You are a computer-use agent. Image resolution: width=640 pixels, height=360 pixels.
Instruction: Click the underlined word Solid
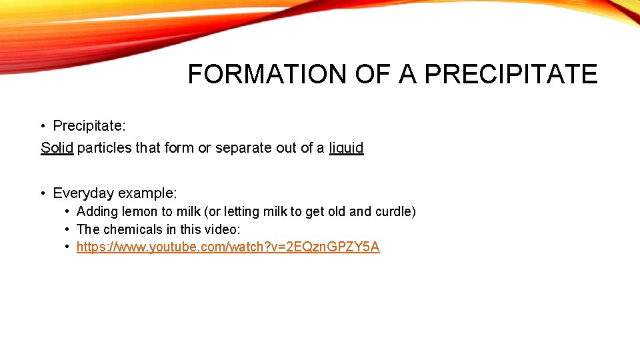(x=57, y=147)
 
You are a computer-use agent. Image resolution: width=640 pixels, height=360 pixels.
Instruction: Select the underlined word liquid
(x=346, y=147)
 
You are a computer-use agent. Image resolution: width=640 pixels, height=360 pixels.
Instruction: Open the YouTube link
(x=228, y=247)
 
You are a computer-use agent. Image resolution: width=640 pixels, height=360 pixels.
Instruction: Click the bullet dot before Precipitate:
(x=41, y=126)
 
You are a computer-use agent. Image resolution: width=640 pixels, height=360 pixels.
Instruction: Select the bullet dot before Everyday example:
(x=41, y=193)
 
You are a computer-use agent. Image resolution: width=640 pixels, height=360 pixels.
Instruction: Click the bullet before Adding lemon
(x=67, y=211)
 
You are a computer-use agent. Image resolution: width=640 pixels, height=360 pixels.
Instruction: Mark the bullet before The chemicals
(x=67, y=229)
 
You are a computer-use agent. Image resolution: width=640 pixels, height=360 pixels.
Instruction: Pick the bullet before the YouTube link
(x=67, y=247)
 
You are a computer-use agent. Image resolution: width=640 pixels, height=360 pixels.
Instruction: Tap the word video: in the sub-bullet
(x=221, y=229)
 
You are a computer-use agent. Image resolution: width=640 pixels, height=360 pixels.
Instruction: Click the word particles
(x=104, y=147)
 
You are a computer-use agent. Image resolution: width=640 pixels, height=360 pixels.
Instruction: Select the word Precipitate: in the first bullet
(x=89, y=126)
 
